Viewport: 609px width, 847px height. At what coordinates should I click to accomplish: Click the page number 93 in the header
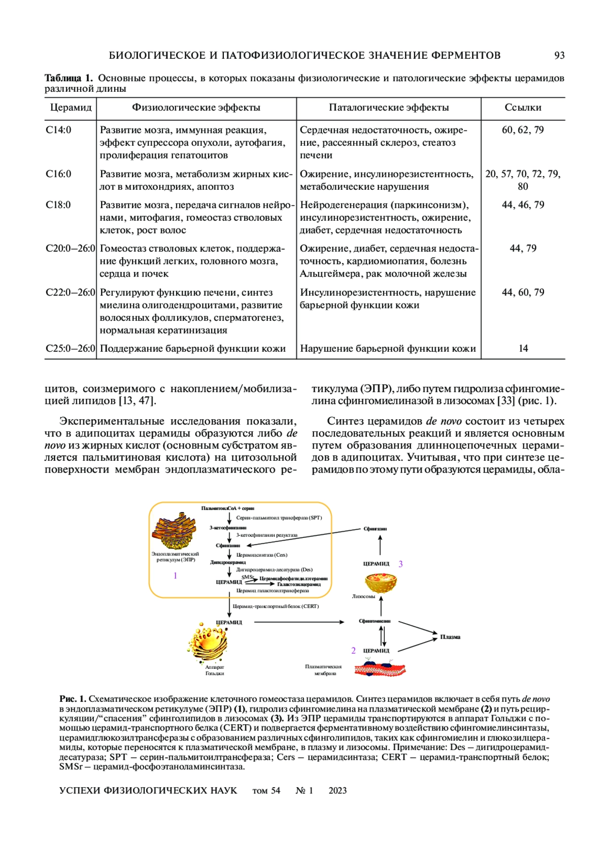(x=559, y=55)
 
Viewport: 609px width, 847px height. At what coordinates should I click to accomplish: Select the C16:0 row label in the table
(x=58, y=174)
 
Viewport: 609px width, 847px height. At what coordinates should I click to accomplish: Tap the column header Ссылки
(x=523, y=108)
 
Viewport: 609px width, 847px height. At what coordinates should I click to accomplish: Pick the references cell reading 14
(x=523, y=349)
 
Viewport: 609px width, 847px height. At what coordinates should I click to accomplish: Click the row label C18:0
(x=58, y=205)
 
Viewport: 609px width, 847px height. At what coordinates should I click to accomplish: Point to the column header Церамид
(x=71, y=108)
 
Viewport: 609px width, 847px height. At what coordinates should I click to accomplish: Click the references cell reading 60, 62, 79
(x=523, y=130)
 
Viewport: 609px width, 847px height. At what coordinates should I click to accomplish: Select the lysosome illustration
(x=381, y=582)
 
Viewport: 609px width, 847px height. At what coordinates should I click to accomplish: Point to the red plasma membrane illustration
(x=381, y=669)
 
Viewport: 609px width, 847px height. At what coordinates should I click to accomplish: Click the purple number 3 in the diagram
(x=401, y=564)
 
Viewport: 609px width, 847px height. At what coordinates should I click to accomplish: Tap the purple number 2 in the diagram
(x=354, y=651)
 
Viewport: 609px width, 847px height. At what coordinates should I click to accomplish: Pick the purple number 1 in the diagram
(x=176, y=576)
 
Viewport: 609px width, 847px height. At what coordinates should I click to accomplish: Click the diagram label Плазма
(x=450, y=637)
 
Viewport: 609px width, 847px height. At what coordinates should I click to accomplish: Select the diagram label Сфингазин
(x=375, y=529)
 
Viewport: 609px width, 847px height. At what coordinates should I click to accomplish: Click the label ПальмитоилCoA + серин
(x=228, y=508)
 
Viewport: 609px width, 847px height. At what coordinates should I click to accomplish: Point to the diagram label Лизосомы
(x=363, y=596)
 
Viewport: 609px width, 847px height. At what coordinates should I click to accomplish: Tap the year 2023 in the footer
(x=337, y=790)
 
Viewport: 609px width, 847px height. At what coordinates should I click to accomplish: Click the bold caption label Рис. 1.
(x=73, y=699)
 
